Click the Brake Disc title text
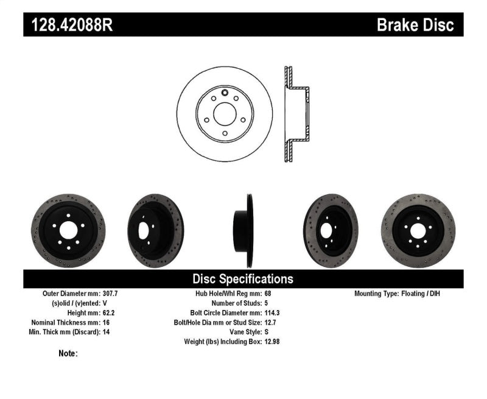(415, 25)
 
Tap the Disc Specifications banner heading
(243, 279)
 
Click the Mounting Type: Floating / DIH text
(397, 294)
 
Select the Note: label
(68, 353)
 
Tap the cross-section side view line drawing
(296, 114)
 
